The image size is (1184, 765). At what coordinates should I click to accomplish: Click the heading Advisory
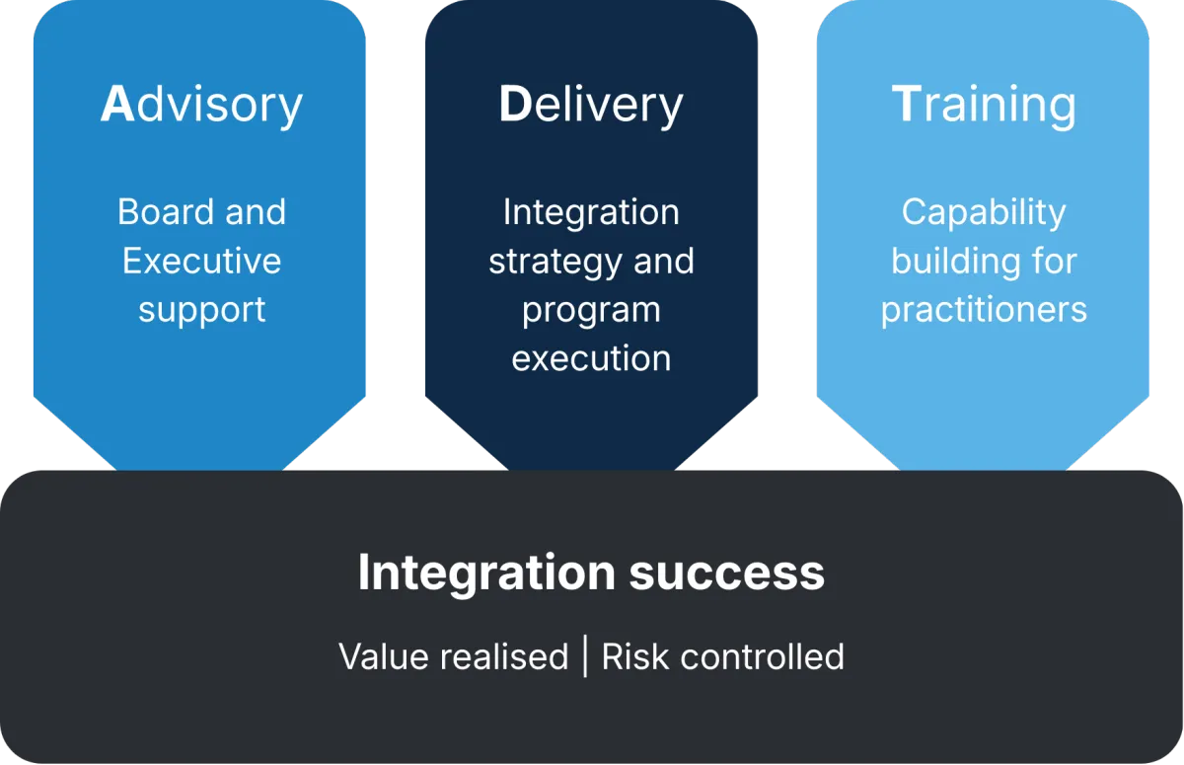click(201, 106)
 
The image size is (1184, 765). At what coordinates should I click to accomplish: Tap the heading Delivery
click(591, 106)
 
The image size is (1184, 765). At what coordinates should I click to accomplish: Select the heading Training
click(984, 106)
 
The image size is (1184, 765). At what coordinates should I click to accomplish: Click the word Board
click(166, 211)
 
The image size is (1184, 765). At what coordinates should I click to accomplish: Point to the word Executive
click(201, 261)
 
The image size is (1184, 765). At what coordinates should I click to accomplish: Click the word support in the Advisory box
click(201, 311)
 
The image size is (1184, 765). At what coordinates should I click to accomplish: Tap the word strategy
click(555, 263)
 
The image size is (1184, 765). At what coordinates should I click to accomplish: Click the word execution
click(591, 359)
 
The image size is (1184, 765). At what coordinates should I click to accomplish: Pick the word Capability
click(984, 213)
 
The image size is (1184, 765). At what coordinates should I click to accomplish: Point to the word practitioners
click(984, 311)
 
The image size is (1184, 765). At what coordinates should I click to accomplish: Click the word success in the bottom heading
click(727, 574)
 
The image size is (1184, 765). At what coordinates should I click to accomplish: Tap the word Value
click(383, 656)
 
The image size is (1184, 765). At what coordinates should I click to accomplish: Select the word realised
click(504, 656)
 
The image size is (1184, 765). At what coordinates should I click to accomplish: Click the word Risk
click(635, 656)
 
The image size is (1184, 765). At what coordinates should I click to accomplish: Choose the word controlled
click(762, 656)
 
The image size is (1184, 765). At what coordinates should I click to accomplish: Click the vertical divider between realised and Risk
click(585, 656)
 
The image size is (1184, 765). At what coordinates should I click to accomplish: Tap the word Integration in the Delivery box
click(591, 213)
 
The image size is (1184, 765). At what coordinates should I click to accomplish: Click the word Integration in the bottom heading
click(486, 574)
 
